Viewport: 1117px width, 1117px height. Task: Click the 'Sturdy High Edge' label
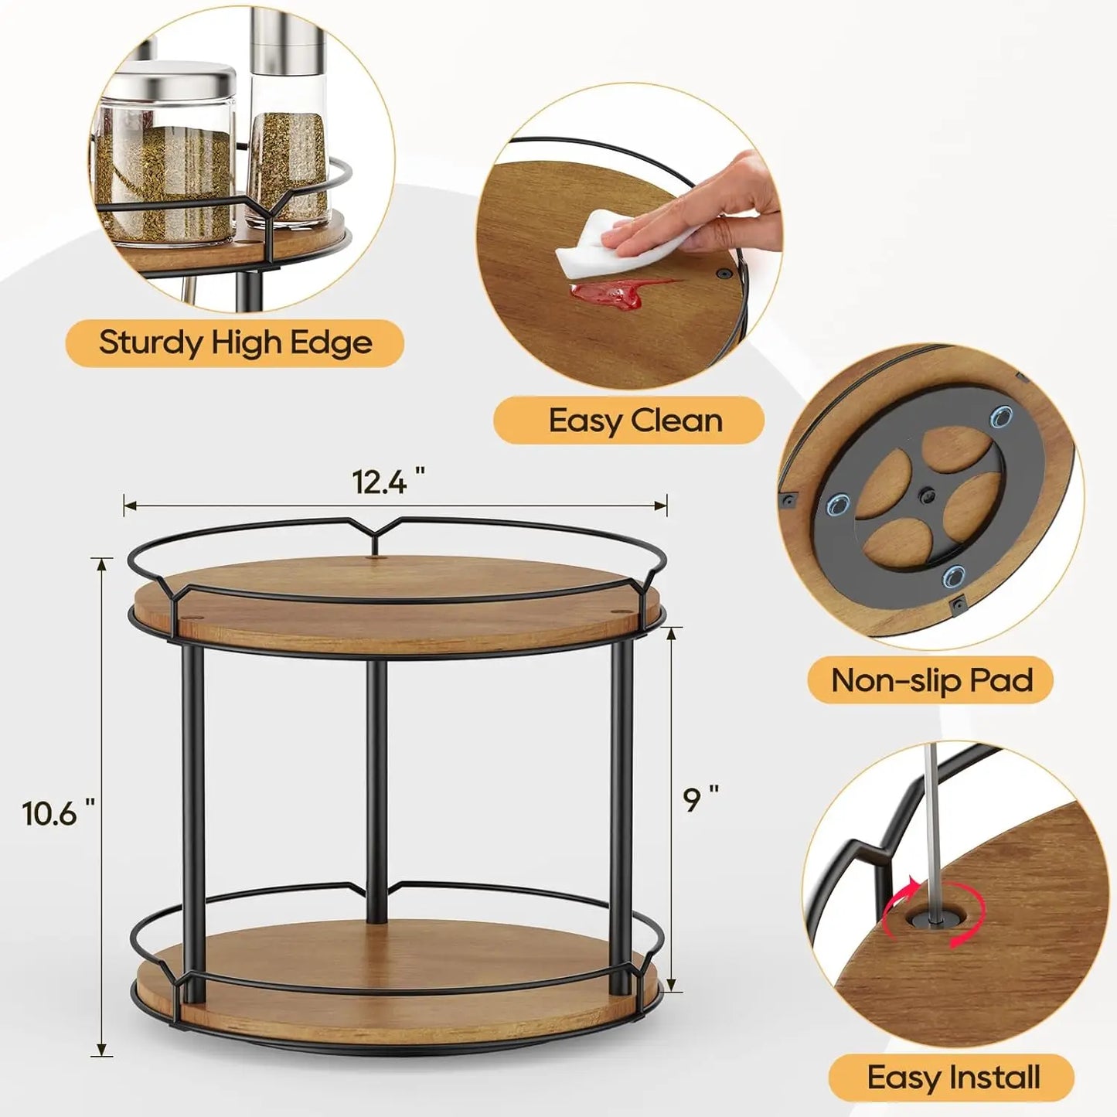[235, 342]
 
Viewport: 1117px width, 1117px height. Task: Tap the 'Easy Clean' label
[635, 421]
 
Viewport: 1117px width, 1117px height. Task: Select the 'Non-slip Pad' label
[931, 680]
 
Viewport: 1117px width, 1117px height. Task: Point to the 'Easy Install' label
[953, 1077]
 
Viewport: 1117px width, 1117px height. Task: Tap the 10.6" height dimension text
[59, 812]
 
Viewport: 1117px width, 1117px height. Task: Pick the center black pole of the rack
[376, 788]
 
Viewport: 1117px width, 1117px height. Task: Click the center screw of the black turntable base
[926, 492]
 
